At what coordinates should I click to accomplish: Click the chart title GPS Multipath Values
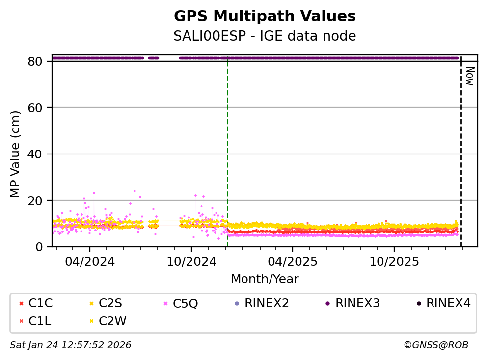coord(265,16)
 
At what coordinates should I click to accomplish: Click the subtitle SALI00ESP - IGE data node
coord(265,36)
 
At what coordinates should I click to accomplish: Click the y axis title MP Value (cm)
coord(16,154)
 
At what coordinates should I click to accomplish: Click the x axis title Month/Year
coord(265,279)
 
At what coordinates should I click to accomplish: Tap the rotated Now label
coord(469,77)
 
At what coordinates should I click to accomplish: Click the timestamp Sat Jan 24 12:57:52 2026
coord(71,345)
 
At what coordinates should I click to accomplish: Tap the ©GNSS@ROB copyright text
coord(435,345)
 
